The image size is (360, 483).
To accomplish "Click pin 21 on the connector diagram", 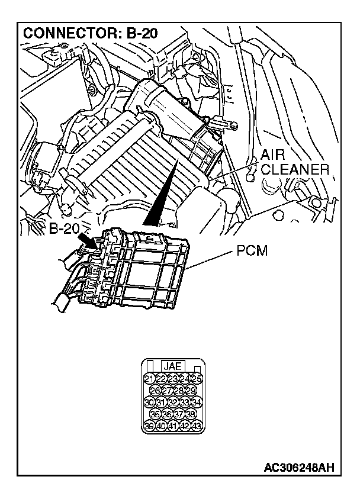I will pos(149,379).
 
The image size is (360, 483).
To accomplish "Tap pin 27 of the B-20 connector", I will pos(167,391).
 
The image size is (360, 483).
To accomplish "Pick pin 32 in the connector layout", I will pos(173,402).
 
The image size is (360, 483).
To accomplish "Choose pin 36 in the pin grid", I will pos(168,414).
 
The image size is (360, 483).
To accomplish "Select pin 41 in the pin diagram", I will pos(173,426).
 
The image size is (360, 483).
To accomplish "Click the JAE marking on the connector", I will pos(173,366).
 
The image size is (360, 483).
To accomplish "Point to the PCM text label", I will pos(252,251).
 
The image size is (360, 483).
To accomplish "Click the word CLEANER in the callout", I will pos(295,170).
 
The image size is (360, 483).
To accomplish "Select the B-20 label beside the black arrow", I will pos(64,229).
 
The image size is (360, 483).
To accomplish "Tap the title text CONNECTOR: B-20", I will pos(90,33).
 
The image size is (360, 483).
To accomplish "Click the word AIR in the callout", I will pos(274,156).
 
